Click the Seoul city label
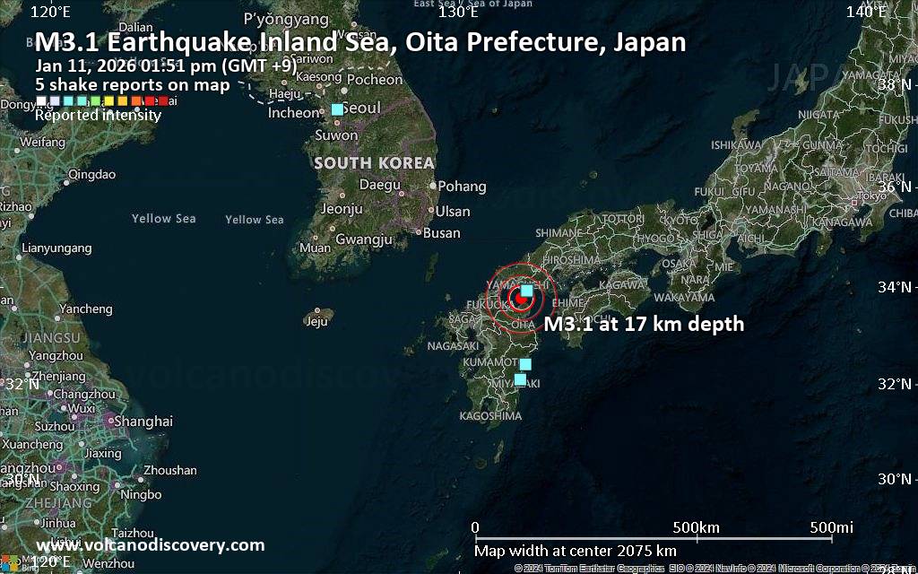(361, 108)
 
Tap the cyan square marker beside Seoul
(337, 109)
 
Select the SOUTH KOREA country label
(374, 163)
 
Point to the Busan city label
(441, 233)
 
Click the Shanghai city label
(143, 422)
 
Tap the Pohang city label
(463, 187)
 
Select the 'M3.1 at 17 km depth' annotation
(644, 325)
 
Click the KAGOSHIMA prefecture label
(490, 416)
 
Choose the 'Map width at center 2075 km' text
(575, 551)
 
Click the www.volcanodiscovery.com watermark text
(150, 545)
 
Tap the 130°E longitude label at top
(457, 12)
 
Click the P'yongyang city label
(287, 19)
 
